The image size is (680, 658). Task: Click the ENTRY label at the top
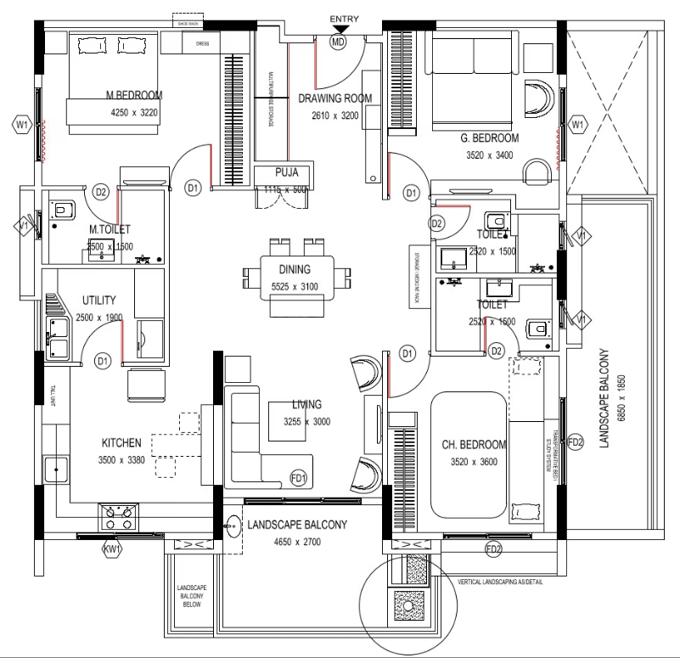click(x=345, y=19)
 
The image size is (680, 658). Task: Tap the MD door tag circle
click(x=339, y=41)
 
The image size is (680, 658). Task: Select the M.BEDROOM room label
click(x=134, y=95)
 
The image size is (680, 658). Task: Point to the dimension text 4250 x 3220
click(x=134, y=112)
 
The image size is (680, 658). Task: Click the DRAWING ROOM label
click(x=335, y=98)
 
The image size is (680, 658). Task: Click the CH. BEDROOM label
click(x=474, y=445)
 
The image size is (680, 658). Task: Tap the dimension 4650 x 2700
click(x=296, y=543)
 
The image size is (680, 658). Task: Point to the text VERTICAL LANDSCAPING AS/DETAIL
click(x=511, y=582)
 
